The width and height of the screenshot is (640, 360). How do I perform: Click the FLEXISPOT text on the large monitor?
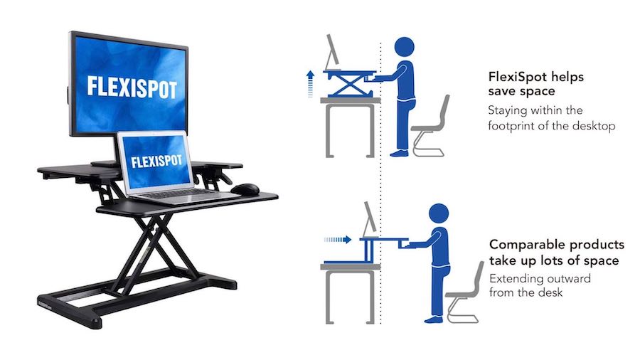point(132,88)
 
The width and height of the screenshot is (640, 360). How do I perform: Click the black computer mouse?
point(245,189)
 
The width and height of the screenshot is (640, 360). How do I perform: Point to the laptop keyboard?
point(185,193)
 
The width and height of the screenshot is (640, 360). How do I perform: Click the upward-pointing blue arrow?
point(310,82)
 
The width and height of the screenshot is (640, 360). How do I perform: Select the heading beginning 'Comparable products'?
point(557,253)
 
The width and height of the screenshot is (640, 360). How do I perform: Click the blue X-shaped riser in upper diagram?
point(349,85)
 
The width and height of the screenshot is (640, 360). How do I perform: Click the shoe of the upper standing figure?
point(400,152)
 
